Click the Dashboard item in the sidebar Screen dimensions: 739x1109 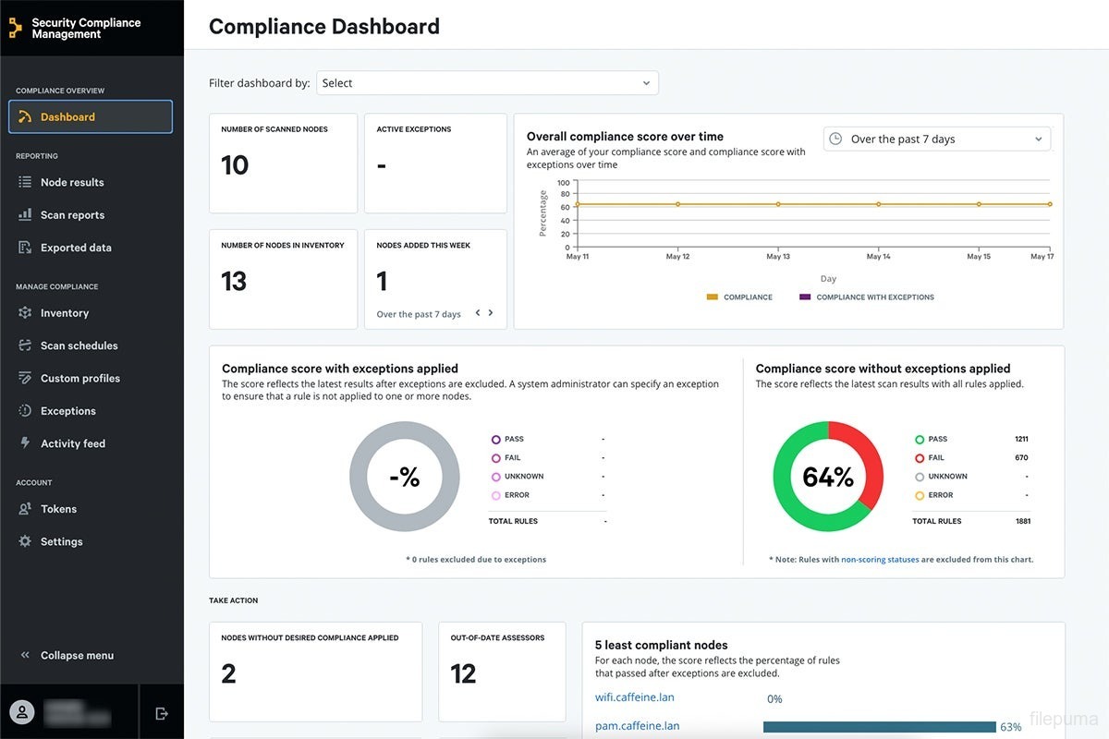(91, 117)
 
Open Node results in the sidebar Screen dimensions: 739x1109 (72, 183)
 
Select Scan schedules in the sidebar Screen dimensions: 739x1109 (79, 345)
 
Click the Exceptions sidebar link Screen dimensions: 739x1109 (67, 411)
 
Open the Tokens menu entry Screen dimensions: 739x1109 (58, 509)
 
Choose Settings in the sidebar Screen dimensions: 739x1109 (61, 542)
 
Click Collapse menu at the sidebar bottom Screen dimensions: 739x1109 (77, 656)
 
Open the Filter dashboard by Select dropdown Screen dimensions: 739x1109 (487, 83)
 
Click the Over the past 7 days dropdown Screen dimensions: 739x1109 (936, 139)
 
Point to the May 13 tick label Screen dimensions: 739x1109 (779, 257)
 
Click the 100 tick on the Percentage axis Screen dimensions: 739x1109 (564, 183)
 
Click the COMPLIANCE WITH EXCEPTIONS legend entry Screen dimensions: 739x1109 (874, 297)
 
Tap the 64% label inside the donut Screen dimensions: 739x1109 (828, 477)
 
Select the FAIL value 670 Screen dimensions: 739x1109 (1020, 458)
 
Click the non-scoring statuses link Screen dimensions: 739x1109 (879, 560)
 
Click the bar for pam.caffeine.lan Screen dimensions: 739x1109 (879, 727)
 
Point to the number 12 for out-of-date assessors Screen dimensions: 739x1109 (463, 674)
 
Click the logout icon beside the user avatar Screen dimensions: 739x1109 (162, 713)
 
